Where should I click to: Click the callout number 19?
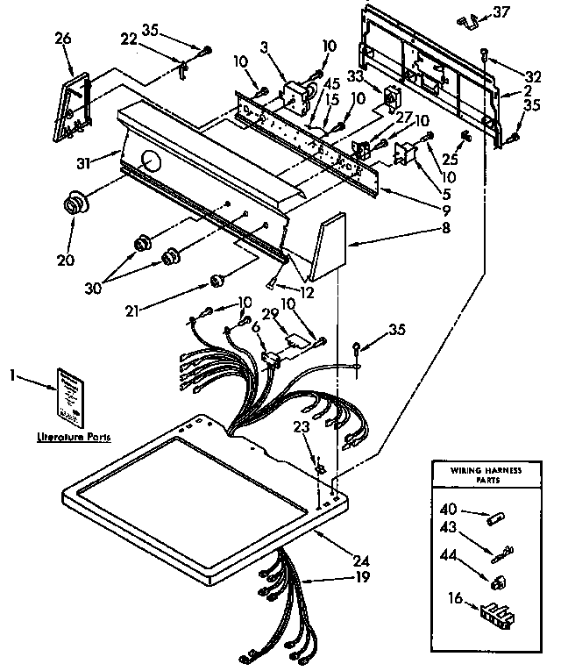point(362,578)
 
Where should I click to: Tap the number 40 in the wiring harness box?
point(449,508)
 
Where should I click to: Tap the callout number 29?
point(271,312)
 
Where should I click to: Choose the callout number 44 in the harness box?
point(449,555)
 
